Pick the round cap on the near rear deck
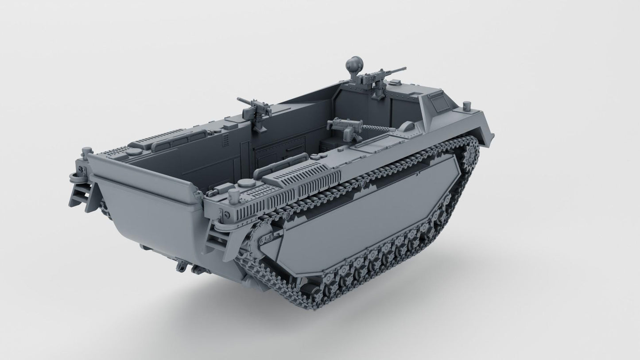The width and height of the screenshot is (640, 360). coord(246,183)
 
